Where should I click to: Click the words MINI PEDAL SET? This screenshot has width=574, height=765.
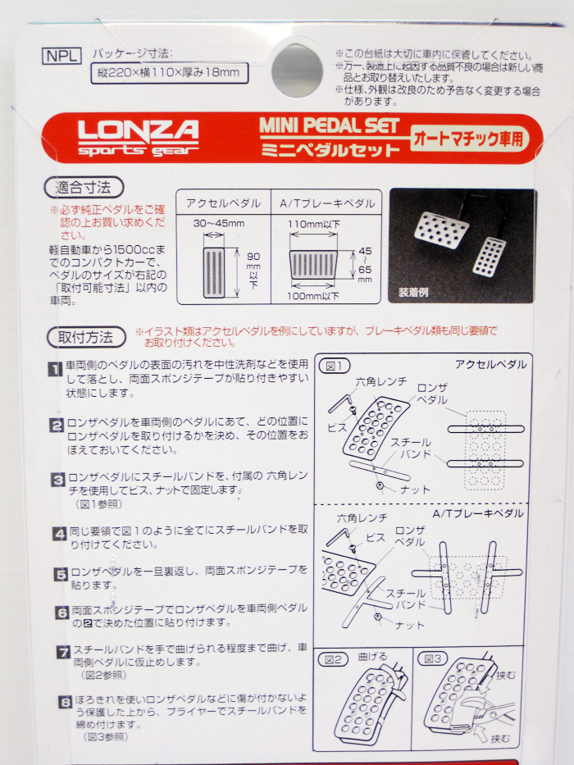[x=329, y=125]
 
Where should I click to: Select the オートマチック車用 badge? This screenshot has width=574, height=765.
[x=470, y=137]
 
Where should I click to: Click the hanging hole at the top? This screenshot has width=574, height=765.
[x=297, y=70]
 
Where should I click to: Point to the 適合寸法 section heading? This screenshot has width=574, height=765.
[x=85, y=188]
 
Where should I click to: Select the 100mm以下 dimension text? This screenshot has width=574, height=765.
[x=313, y=295]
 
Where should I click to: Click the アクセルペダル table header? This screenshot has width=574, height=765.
[x=223, y=203]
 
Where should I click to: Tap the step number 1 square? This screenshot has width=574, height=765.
[x=56, y=369]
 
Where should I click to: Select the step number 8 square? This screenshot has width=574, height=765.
[x=66, y=703]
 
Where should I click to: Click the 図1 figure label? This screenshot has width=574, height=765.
[x=337, y=366]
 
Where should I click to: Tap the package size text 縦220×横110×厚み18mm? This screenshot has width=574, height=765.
[x=167, y=72]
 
